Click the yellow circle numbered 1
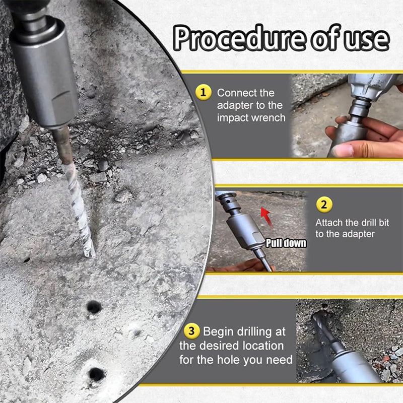click(x=203, y=93)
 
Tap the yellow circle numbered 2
click(x=323, y=205)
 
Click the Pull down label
click(x=286, y=243)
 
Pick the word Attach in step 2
click(x=329, y=222)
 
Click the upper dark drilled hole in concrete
click(x=94, y=306)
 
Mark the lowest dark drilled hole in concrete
click(x=96, y=374)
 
